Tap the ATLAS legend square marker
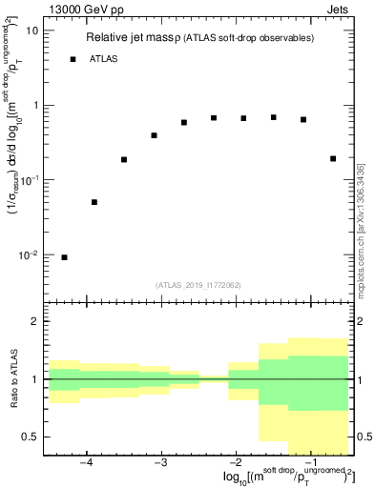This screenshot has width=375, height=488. (73, 59)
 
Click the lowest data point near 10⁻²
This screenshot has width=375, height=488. (64, 257)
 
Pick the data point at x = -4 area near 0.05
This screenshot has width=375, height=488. (94, 202)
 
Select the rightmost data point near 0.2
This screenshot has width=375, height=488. (333, 158)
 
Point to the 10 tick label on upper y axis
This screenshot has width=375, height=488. (31, 30)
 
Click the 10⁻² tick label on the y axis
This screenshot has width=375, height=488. (29, 255)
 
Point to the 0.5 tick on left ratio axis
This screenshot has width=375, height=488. (31, 437)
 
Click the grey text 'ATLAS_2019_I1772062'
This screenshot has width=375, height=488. (198, 285)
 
